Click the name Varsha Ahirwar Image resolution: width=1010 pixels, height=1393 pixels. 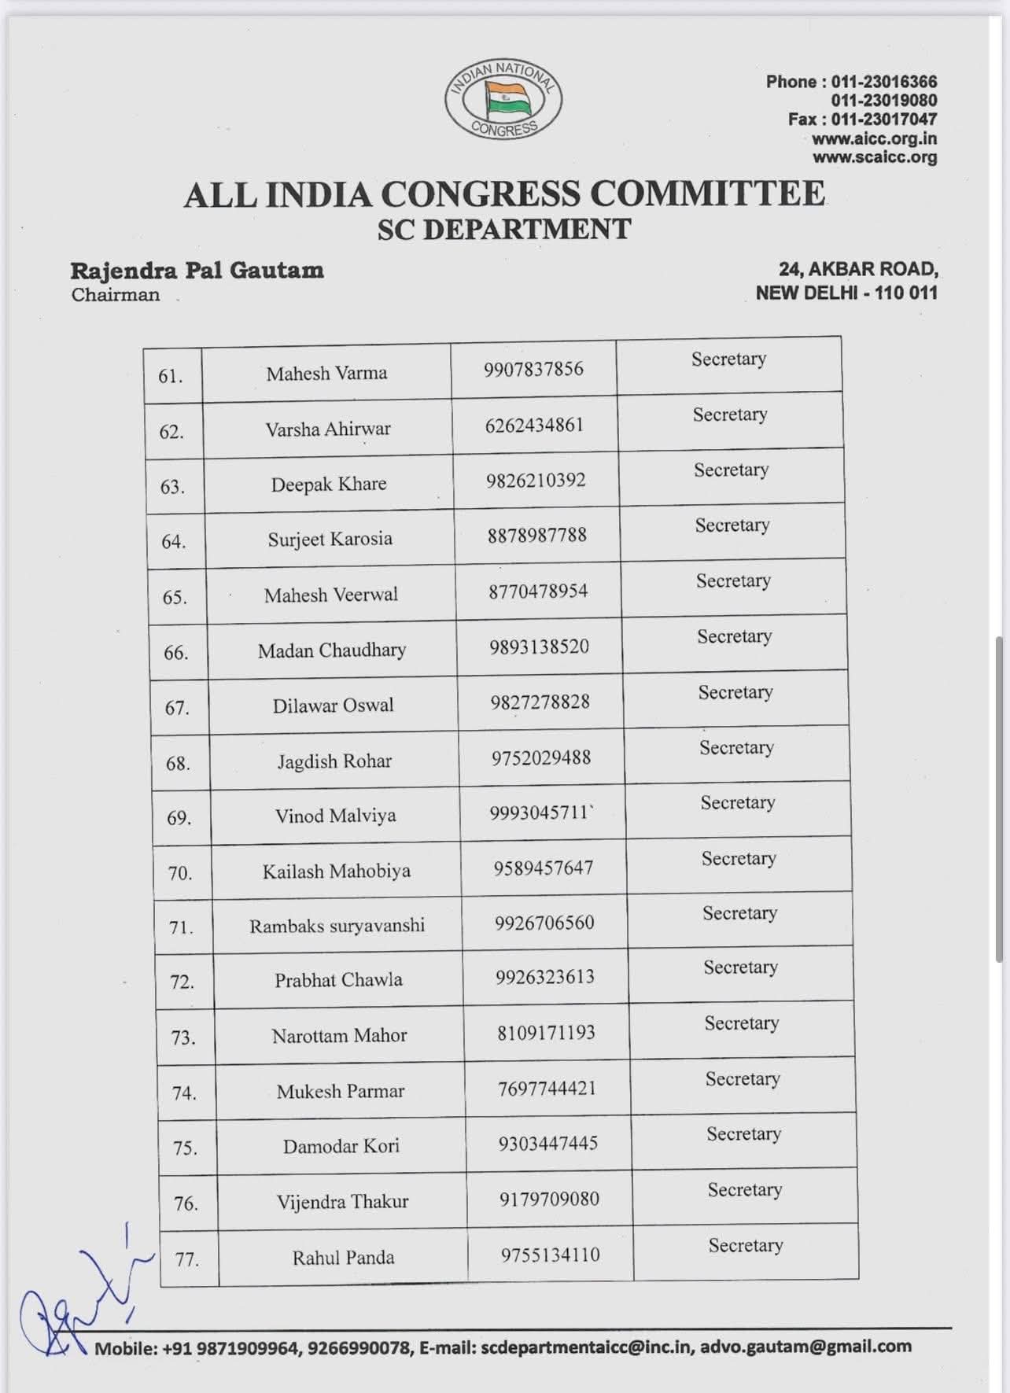click(328, 429)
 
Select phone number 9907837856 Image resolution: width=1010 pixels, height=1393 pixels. click(533, 369)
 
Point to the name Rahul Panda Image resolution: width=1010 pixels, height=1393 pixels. click(343, 1257)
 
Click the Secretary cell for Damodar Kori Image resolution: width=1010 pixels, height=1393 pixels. click(743, 1133)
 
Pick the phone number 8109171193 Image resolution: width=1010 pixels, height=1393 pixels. click(546, 1032)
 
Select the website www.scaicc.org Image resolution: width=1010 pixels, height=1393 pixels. click(874, 157)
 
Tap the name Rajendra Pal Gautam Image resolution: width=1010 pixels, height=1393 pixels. click(197, 271)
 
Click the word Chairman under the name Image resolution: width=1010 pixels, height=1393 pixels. click(116, 295)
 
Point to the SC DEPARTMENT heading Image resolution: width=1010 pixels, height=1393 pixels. click(504, 229)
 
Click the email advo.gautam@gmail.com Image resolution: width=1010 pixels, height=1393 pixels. click(805, 1346)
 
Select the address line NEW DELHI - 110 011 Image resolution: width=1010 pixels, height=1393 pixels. click(846, 293)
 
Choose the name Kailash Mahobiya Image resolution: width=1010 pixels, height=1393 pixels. click(337, 871)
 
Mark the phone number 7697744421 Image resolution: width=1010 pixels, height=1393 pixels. click(547, 1088)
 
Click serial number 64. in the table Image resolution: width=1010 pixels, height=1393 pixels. click(174, 541)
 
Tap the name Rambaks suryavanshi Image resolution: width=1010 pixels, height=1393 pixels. click(337, 926)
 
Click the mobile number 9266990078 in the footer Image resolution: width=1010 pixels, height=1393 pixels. click(359, 1348)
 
